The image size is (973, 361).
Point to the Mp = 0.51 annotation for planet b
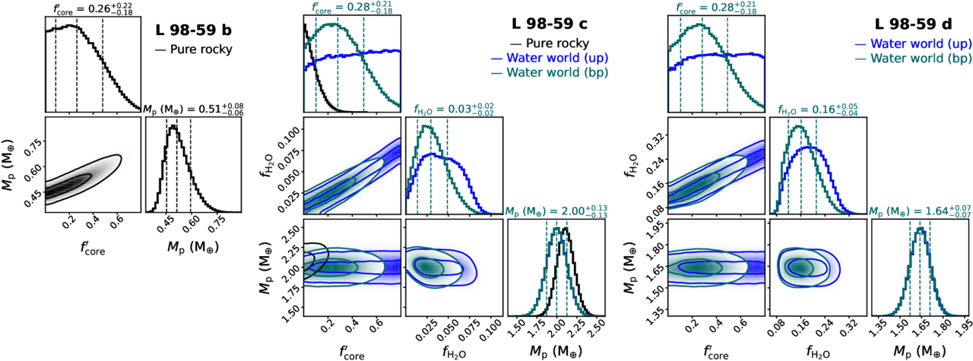coord(197,109)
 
